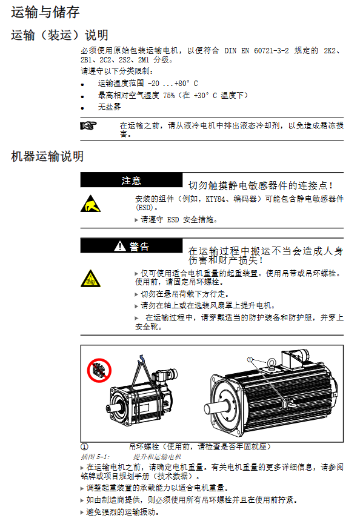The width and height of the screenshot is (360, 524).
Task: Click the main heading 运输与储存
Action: click(x=45, y=12)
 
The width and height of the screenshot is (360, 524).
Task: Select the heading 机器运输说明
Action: click(x=47, y=156)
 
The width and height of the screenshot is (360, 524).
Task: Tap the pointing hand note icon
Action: click(x=88, y=125)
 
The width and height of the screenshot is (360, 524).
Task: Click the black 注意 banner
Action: click(x=132, y=181)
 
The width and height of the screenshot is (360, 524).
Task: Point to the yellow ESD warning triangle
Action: click(x=90, y=204)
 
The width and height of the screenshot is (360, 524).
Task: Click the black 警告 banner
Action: click(x=132, y=247)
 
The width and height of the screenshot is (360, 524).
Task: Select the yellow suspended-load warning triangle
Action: click(x=90, y=279)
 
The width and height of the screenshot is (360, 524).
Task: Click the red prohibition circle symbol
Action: click(x=99, y=370)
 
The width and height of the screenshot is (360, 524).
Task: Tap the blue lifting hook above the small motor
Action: click(x=141, y=359)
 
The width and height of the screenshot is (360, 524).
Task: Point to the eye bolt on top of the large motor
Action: click(x=272, y=363)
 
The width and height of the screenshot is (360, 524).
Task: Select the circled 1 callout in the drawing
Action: click(x=250, y=360)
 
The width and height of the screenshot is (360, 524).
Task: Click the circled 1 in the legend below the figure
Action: click(x=85, y=446)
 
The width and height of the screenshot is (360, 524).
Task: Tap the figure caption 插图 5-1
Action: click(x=95, y=457)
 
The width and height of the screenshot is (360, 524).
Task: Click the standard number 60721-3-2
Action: click(x=271, y=51)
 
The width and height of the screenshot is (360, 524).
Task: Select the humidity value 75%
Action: click(x=169, y=96)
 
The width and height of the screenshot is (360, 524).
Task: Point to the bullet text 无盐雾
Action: click(x=109, y=107)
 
